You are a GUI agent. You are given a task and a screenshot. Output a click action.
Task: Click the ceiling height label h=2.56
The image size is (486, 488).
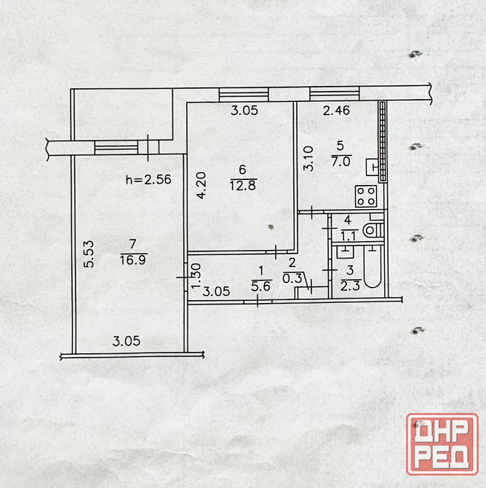tap(148, 179)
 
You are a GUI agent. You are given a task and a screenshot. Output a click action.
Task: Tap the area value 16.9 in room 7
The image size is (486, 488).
tap(133, 259)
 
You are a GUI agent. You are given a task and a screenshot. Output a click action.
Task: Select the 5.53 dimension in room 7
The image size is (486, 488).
tap(89, 254)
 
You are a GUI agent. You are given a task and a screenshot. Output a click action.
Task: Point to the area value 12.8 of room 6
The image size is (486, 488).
tap(243, 186)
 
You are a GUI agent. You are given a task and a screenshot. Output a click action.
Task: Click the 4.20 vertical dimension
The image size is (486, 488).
tap(202, 186)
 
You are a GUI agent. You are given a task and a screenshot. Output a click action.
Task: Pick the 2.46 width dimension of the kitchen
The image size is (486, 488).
tap(336, 111)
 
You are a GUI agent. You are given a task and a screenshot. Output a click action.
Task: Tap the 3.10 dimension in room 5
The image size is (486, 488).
tap(308, 159)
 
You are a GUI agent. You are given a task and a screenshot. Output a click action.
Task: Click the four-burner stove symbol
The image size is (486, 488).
tap(366, 196)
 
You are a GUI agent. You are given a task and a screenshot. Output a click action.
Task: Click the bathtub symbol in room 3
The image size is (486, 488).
tap(373, 267)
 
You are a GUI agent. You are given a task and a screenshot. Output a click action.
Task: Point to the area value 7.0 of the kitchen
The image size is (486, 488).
tap(340, 162)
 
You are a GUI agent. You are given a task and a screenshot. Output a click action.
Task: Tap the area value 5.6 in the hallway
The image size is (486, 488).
tap(261, 286)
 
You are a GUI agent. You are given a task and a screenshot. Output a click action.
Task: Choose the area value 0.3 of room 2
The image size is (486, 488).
tap(292, 278)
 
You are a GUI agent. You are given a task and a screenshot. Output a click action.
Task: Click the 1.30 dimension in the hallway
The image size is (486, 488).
tap(196, 276)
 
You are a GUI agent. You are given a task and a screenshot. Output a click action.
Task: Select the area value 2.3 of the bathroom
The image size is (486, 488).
tap(350, 286)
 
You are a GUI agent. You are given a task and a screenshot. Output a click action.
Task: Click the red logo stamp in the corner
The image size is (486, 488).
tap(442, 444)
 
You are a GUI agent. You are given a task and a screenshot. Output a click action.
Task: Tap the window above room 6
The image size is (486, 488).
tap(244, 94)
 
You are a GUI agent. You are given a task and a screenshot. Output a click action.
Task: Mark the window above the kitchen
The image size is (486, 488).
tap(335, 94)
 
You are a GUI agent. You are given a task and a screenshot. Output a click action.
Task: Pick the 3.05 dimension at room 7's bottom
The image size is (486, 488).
tap(127, 341)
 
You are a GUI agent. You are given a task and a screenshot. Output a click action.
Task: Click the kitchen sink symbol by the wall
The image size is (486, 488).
tap(373, 167)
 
